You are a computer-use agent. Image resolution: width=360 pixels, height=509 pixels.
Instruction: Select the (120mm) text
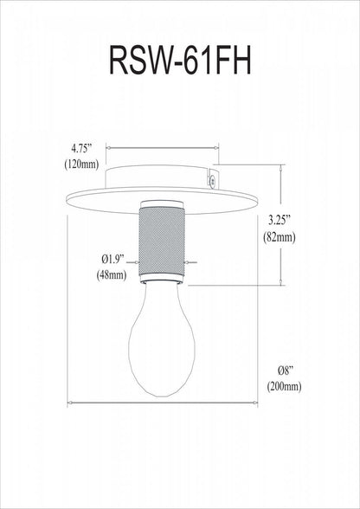point(86,164)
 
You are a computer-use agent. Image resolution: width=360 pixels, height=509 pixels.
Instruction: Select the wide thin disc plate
point(162,194)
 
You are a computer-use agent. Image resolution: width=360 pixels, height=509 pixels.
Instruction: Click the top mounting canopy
point(162,178)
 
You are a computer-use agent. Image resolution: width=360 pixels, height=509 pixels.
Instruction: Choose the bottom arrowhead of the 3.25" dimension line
point(282,282)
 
